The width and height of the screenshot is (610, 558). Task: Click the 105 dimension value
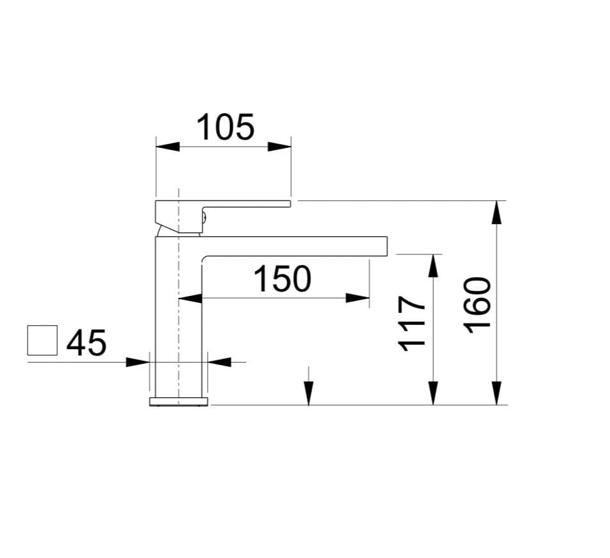[226, 127]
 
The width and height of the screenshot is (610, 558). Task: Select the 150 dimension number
[282, 279]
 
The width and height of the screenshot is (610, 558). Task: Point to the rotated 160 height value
[477, 305]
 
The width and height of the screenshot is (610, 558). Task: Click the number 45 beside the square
[87, 343]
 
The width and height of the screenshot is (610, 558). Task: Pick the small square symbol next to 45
[42, 340]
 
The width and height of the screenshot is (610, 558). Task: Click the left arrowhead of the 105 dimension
[168, 147]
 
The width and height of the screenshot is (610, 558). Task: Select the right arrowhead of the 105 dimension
[279, 147]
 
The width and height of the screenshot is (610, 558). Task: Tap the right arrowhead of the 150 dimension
[358, 299]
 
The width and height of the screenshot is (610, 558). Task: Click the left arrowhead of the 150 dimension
[190, 299]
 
